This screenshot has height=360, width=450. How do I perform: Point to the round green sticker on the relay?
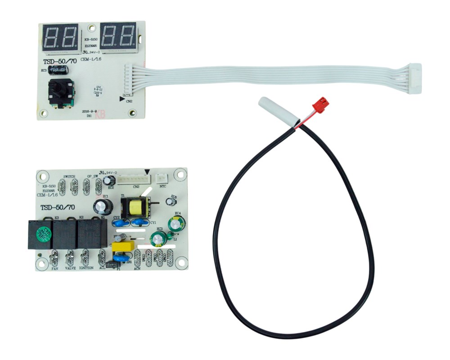coord(42,234)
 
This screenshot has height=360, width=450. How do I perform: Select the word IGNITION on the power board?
coord(86,268)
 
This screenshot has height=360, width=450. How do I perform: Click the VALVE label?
coord(70,268)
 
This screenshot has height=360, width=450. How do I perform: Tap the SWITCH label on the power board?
coord(69,176)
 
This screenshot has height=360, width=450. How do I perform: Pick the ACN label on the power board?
coord(137,269)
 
